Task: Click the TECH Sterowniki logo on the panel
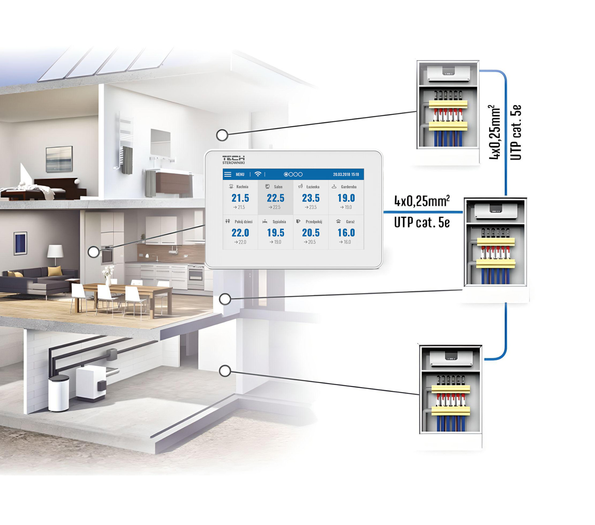pyautogui.click(x=233, y=159)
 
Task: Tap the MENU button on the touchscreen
pyautogui.click(x=240, y=174)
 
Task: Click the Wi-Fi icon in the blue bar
pyautogui.click(x=258, y=174)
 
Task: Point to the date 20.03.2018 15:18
pyautogui.click(x=346, y=174)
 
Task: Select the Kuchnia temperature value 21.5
pyautogui.click(x=240, y=198)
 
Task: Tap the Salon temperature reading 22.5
pyautogui.click(x=275, y=198)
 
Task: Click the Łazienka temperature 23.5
pyautogui.click(x=311, y=198)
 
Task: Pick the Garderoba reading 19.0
pyautogui.click(x=346, y=198)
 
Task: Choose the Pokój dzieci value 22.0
pyautogui.click(x=240, y=233)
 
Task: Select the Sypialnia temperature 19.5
pyautogui.click(x=275, y=233)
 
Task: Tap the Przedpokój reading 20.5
pyautogui.click(x=311, y=233)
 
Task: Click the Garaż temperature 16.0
pyautogui.click(x=346, y=233)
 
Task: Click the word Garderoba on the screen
pyautogui.click(x=349, y=187)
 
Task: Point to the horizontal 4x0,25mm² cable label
pyautogui.click(x=422, y=201)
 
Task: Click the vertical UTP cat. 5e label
pyautogui.click(x=516, y=132)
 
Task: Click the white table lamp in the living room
pyautogui.click(x=55, y=255)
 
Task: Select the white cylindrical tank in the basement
pyautogui.click(x=59, y=393)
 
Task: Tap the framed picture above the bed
pyautogui.click(x=59, y=159)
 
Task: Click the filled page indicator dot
pyautogui.click(x=286, y=174)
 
